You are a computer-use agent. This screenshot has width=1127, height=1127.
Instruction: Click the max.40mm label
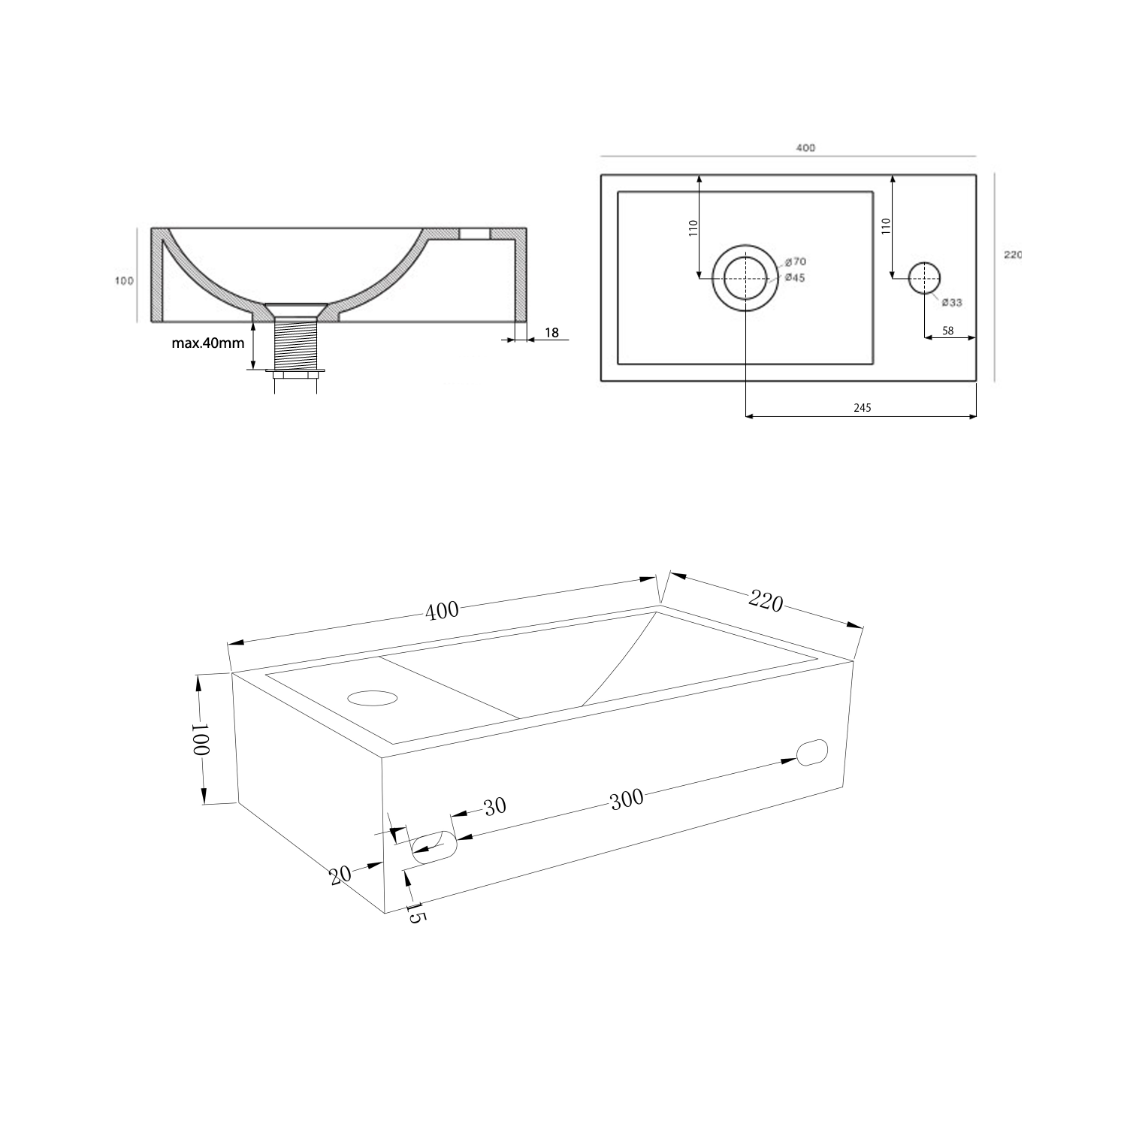coord(208,343)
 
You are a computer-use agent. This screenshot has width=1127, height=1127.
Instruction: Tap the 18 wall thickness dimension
coord(552,332)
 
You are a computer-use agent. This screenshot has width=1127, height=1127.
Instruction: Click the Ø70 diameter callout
coord(796,261)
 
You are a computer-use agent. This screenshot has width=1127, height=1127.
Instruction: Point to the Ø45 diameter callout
coord(796,278)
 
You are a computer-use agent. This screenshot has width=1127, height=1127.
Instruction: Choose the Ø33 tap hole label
coord(952,303)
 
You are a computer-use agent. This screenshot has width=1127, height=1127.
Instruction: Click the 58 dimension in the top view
coord(947,330)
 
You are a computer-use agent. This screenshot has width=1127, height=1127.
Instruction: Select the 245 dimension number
coord(862,408)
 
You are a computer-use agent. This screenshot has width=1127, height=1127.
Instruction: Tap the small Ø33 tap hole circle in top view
coord(925,278)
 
